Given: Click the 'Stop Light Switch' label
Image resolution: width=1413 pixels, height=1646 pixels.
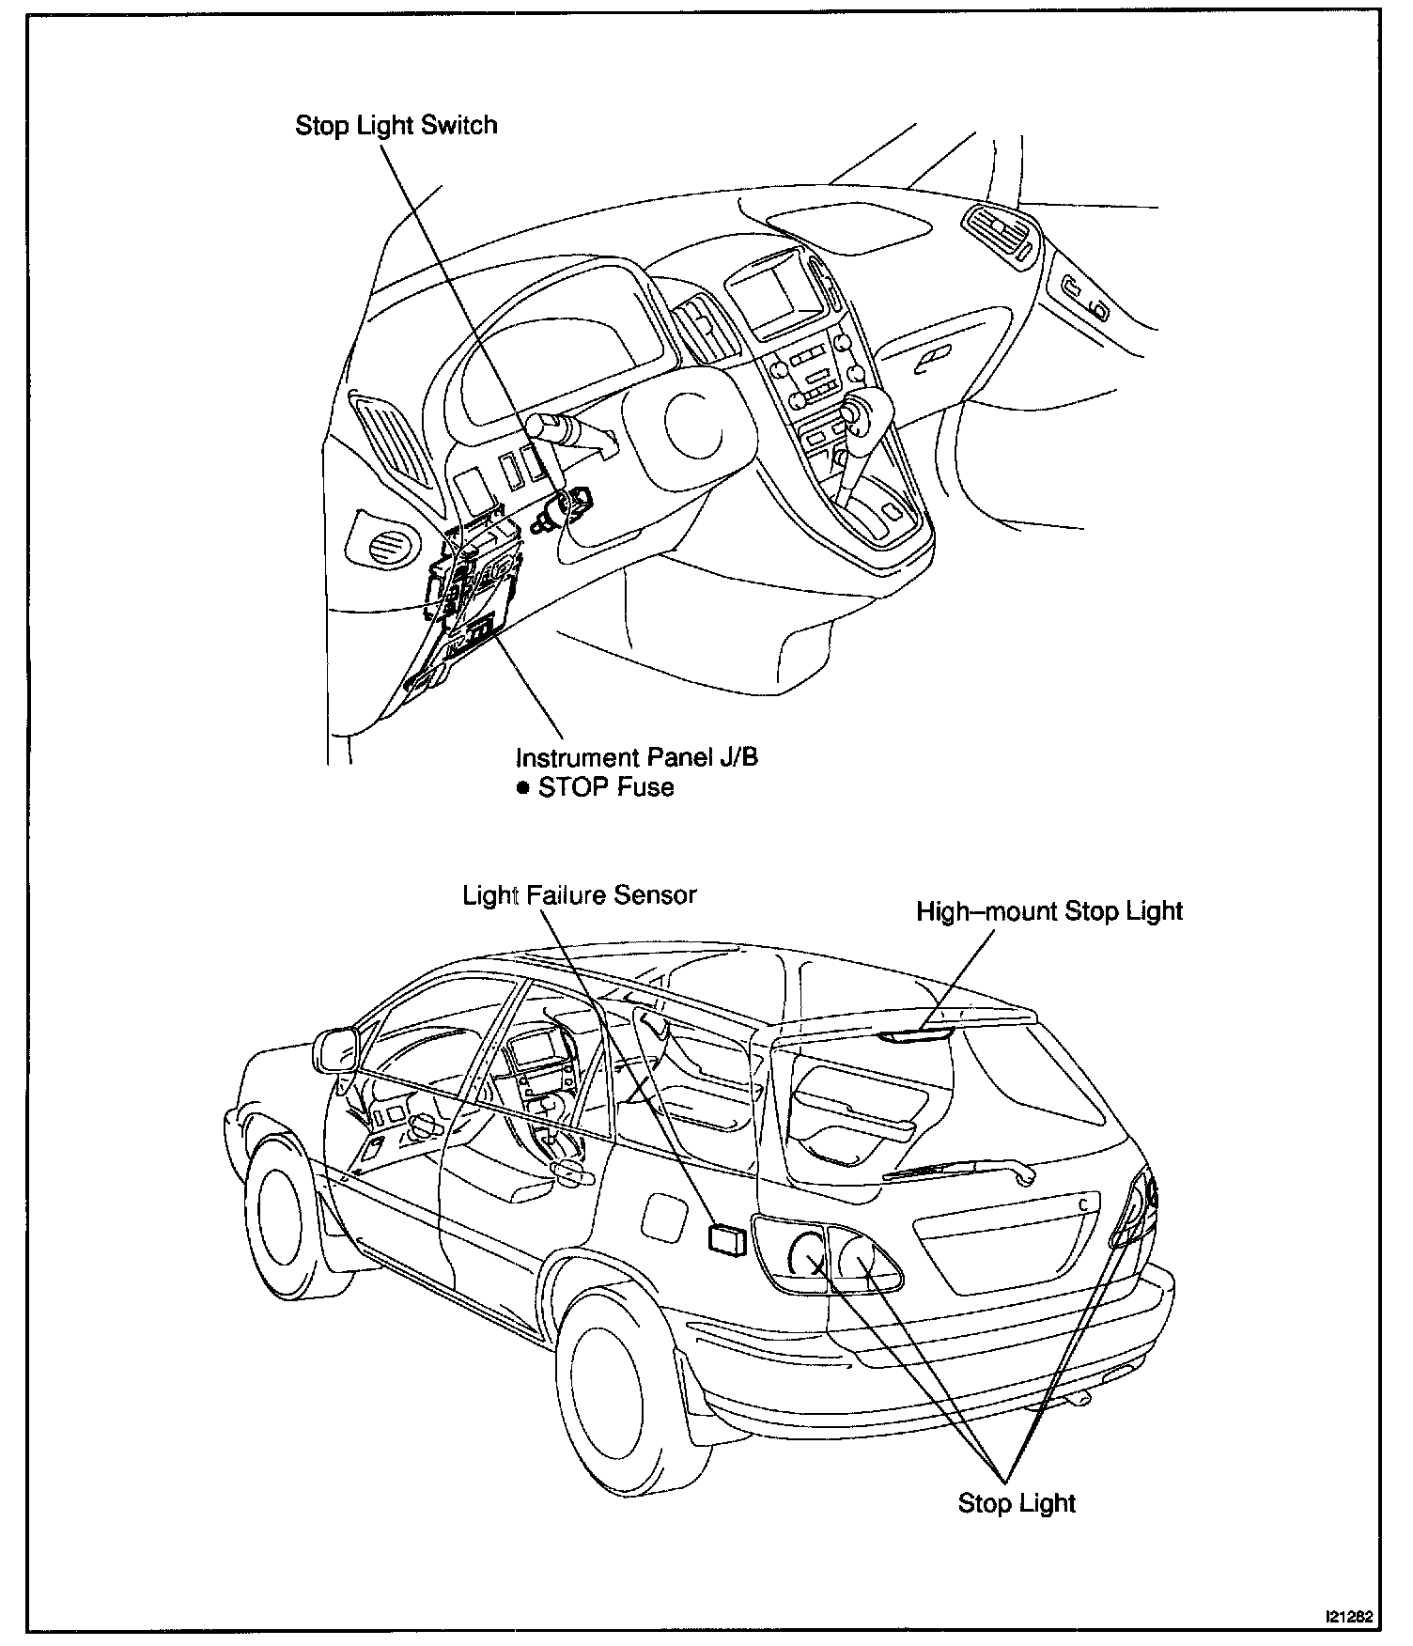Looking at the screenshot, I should [396, 126].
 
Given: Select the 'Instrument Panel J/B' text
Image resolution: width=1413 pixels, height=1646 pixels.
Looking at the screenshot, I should [636, 757].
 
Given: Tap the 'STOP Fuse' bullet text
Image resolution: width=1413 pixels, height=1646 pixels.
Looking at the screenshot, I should [606, 787].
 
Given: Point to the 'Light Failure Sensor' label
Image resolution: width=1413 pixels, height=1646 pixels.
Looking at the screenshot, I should [579, 894].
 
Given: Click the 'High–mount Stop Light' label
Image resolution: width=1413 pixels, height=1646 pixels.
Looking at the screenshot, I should [1049, 911].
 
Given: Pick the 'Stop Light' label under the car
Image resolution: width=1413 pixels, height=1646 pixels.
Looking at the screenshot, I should [1016, 1502].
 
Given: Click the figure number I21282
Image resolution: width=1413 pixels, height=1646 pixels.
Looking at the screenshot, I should [1348, 1617].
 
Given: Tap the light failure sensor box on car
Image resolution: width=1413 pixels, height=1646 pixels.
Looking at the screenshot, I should [727, 1239].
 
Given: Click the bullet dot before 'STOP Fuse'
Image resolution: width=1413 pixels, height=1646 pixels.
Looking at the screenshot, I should [523, 787].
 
